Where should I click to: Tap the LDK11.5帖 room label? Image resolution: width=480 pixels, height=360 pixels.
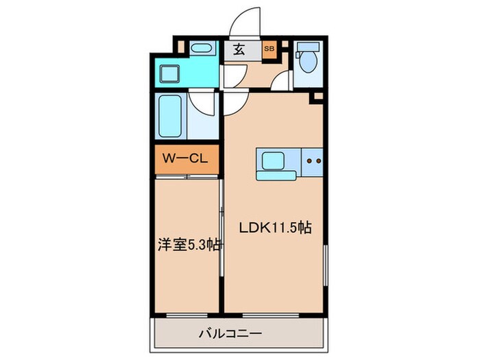(x=275, y=228)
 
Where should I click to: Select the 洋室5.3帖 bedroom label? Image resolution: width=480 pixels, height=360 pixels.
(x=189, y=245)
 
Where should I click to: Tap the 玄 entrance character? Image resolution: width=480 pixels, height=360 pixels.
(x=239, y=49)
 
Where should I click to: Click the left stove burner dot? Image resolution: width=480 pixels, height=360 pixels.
(x=308, y=162)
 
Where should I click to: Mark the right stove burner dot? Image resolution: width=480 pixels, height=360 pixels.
(x=318, y=162)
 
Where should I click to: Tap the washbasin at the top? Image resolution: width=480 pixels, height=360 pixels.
(x=201, y=49)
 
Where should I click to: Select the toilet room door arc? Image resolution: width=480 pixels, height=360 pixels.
(x=282, y=82)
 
